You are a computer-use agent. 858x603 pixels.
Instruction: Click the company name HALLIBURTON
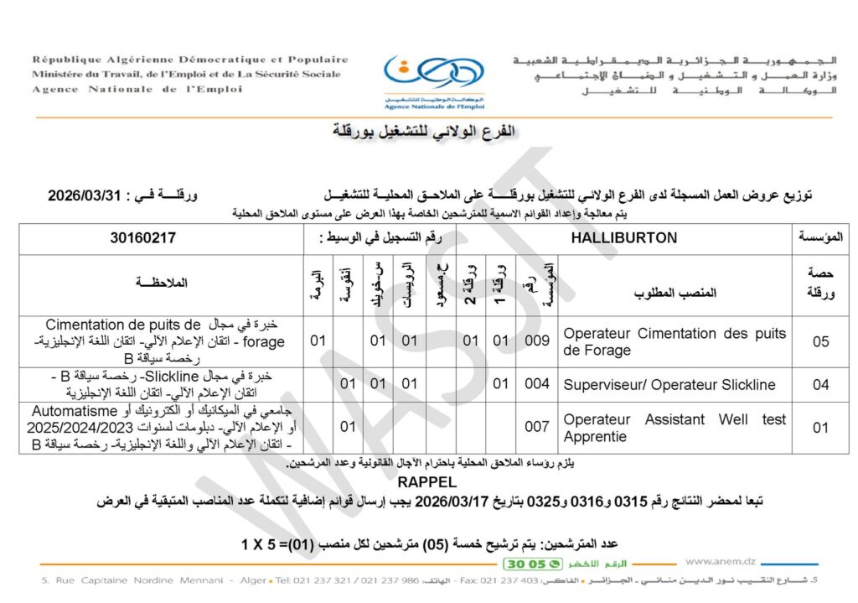[623, 238]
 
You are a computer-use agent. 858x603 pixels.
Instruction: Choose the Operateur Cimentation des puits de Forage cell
[675, 341]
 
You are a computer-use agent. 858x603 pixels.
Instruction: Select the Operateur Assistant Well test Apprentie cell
[675, 427]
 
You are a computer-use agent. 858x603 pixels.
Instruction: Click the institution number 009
[537, 341]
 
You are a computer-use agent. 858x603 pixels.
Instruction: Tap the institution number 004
[537, 385]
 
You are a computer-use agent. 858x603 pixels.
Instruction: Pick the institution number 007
[537, 427]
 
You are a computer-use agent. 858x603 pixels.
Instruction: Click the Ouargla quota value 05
[821, 341]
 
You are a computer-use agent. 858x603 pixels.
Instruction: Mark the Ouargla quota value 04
[821, 385]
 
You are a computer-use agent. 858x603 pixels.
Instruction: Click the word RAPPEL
[427, 483]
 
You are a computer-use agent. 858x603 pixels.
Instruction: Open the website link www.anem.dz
[720, 562]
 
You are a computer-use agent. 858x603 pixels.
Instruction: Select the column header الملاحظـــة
[162, 285]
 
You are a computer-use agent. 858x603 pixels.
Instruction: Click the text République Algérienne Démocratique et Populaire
[190, 60]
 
